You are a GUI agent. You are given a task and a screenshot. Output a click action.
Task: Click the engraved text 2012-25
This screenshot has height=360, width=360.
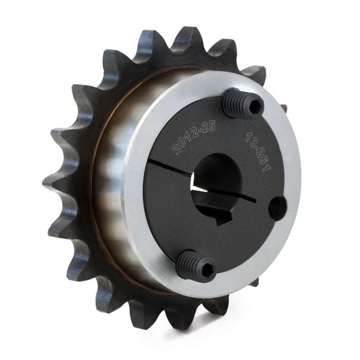194,138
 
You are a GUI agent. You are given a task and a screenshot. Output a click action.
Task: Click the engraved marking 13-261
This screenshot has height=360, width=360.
258,151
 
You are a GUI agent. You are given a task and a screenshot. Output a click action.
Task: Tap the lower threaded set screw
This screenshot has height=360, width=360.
196,264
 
